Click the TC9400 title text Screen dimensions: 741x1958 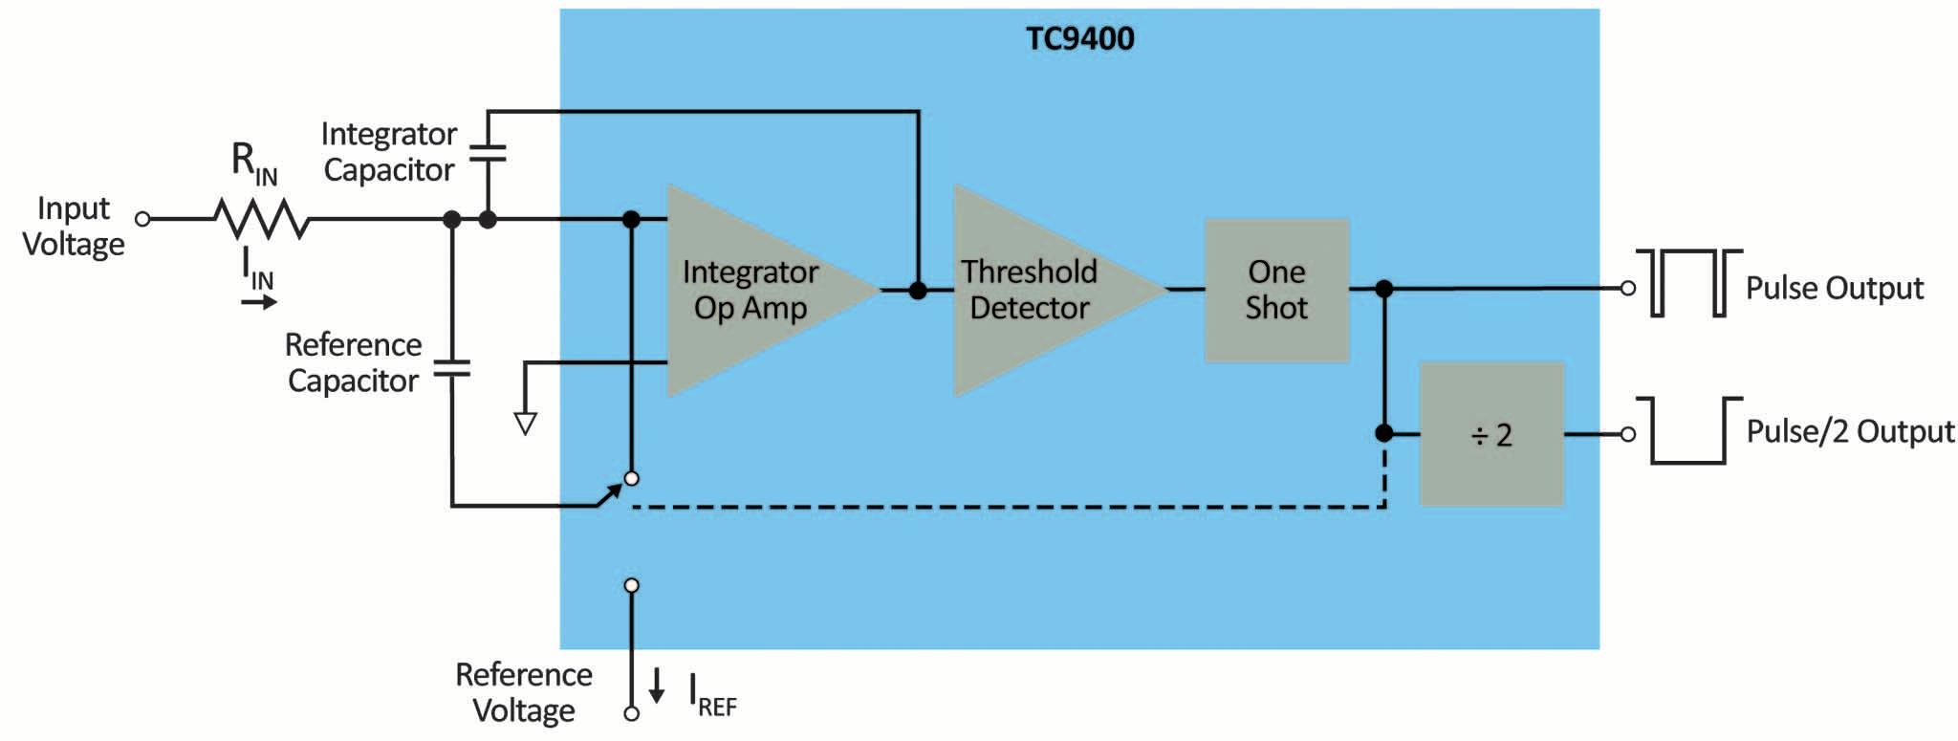click(x=1079, y=38)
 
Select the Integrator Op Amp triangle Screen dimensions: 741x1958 click(x=755, y=290)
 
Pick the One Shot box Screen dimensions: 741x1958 click(x=1276, y=290)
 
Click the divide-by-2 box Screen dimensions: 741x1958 click(x=1491, y=434)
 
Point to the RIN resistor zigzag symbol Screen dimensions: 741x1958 click(x=261, y=219)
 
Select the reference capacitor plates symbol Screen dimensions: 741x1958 click(x=451, y=369)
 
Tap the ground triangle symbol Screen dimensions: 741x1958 click(x=525, y=422)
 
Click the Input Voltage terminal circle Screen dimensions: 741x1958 click(x=142, y=219)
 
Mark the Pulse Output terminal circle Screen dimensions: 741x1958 click(x=1628, y=288)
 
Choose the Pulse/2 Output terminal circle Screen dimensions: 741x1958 click(x=1628, y=434)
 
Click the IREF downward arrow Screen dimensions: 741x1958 click(x=657, y=686)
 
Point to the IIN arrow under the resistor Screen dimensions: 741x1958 click(x=258, y=302)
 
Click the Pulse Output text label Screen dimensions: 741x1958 click(x=1834, y=288)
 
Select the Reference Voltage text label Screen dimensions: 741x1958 click(x=524, y=692)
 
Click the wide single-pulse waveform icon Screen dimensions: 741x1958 click(x=1688, y=430)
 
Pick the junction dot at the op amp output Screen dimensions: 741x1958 click(x=918, y=290)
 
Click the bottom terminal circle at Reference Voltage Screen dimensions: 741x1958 click(x=631, y=713)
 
